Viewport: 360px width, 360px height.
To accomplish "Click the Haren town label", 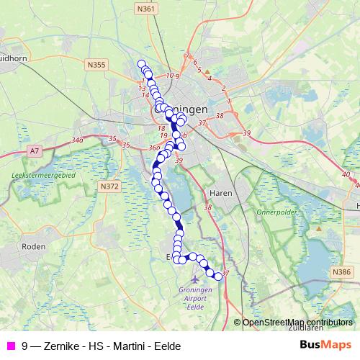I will tap(218, 194).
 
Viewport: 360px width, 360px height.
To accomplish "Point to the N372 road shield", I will tap(109, 186).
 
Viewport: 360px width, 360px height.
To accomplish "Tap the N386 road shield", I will tap(342, 271).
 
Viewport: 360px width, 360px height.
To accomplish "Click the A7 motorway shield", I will tap(35, 151).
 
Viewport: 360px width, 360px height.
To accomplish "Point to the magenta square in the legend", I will tap(10, 346).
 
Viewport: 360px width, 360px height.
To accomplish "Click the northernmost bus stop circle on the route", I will tap(142, 63).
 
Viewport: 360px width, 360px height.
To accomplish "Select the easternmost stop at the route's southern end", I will tap(219, 276).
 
